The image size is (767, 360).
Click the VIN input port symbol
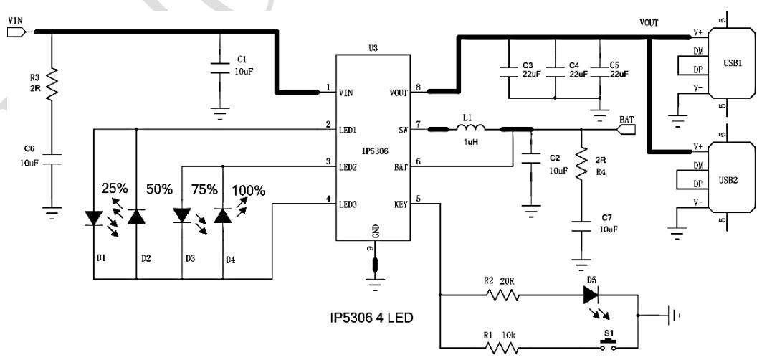16,32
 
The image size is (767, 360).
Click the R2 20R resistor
500,294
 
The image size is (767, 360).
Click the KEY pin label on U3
399,204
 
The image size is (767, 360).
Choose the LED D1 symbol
93,217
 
